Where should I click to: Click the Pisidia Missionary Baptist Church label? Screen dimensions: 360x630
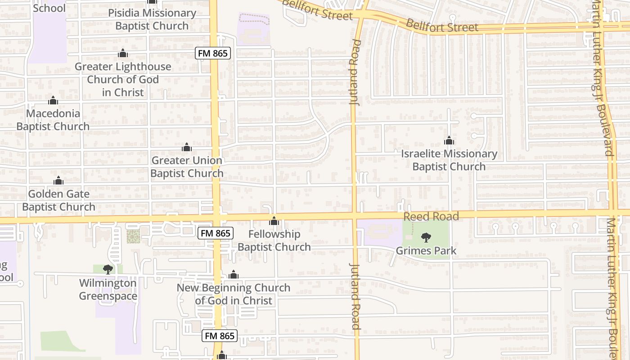coord(152,19)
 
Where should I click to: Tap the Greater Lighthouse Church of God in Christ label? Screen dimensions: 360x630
coord(123,79)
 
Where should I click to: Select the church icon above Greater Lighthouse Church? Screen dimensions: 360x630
coord(123,54)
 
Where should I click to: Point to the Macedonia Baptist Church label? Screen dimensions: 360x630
coord(53,120)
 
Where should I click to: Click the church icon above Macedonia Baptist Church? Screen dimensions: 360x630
coord(53,100)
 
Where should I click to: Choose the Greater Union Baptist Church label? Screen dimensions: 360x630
coord(187,166)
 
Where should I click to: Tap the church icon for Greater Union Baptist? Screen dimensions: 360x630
coord(187,147)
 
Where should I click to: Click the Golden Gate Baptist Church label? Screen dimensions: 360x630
coord(58,200)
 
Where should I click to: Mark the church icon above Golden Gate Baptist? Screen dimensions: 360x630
coord(58,181)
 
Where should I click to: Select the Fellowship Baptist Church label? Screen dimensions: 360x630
coord(274,240)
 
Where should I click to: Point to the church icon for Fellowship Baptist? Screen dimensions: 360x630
coord(274,221)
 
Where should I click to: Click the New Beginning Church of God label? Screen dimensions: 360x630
coord(234,294)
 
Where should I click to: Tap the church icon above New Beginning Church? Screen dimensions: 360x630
coord(234,274)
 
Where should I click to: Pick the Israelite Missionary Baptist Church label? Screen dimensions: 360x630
coord(449,160)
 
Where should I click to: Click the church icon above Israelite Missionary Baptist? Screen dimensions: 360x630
coord(449,141)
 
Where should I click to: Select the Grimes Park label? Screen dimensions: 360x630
coord(426,251)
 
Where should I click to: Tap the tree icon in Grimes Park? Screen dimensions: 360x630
coord(426,237)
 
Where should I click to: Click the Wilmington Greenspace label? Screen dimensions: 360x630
coord(108,289)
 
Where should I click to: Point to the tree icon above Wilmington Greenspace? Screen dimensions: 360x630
coord(108,270)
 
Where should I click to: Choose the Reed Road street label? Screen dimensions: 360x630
coord(431,216)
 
